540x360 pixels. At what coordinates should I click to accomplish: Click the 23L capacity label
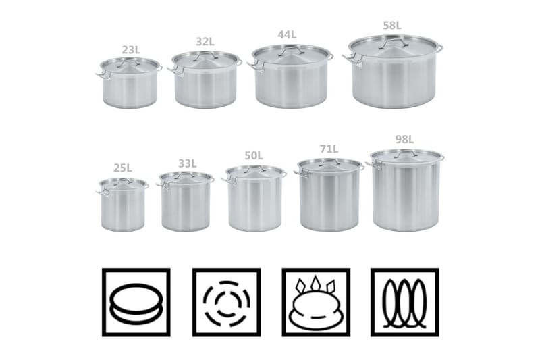point(131,50)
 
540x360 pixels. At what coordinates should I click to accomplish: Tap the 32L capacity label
point(205,42)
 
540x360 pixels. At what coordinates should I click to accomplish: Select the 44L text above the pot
point(287,34)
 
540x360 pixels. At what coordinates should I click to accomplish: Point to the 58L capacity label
point(392,26)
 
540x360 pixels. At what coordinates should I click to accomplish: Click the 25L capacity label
point(123,168)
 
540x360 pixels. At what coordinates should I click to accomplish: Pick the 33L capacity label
point(188,163)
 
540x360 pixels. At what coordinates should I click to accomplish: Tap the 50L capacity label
point(254,156)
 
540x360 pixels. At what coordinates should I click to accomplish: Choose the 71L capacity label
point(329,149)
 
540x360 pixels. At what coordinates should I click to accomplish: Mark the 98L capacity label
point(404,140)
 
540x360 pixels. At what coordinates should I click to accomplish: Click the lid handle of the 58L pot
point(394,43)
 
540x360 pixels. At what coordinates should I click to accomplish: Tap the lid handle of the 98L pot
point(406,152)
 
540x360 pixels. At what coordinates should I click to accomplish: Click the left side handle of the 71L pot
point(301,174)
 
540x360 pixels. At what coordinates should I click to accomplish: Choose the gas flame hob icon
point(316,302)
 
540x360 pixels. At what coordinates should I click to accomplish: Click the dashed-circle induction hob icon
point(226,302)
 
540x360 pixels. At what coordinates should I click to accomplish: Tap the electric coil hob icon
point(404,302)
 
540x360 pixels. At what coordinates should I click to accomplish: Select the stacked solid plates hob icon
point(136,302)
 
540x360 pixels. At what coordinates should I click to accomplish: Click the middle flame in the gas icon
point(315,283)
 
